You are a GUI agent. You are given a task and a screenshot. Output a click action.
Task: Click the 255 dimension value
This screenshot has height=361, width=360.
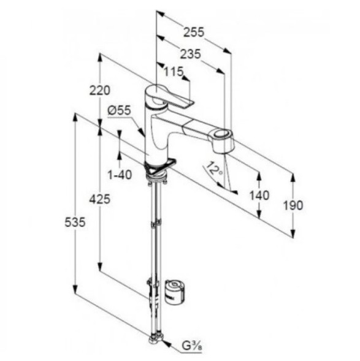(193, 32)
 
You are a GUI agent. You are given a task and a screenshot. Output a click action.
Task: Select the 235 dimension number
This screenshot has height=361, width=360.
(190, 55)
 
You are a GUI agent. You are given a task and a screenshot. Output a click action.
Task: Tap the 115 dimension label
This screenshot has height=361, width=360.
(174, 72)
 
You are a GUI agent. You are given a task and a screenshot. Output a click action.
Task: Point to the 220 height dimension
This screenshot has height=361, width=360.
(100, 90)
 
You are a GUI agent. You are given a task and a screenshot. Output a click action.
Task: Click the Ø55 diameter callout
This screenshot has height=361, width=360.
(119, 111)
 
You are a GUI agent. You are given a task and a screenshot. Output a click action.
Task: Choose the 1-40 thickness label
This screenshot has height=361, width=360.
(120, 175)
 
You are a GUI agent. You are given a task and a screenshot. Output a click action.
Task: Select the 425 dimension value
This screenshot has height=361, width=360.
(100, 199)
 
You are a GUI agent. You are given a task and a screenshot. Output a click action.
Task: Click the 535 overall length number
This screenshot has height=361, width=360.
(75, 222)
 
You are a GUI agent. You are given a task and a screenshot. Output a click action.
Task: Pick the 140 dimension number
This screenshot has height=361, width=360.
(259, 196)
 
